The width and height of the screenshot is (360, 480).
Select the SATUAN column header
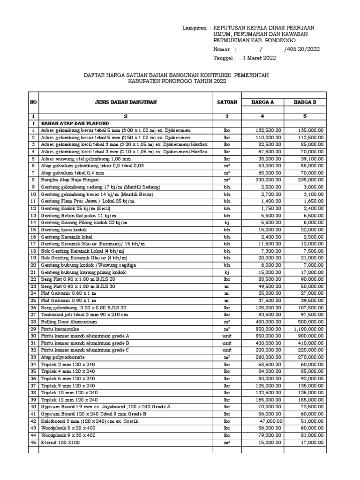[x=227, y=102]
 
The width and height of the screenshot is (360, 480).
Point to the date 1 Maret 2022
[x=259, y=58]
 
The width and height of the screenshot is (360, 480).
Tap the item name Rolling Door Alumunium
[x=69, y=322]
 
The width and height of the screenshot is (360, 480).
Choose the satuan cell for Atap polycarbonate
[x=227, y=357]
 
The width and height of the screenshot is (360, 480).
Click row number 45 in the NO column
[x=33, y=442]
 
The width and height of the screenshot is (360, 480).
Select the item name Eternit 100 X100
[x=61, y=442]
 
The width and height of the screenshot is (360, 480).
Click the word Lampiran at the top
[x=194, y=28]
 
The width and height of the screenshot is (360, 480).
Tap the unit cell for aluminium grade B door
[x=227, y=343]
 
